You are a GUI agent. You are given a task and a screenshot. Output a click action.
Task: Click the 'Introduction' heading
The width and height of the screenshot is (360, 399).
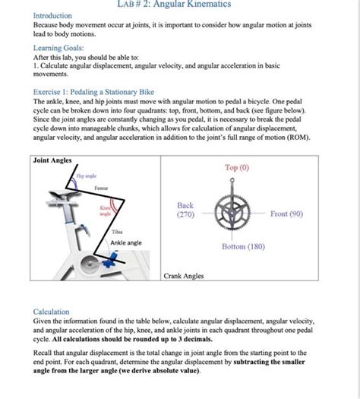(52, 15)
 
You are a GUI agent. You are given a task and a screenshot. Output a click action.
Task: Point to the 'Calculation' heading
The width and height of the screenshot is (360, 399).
(52, 312)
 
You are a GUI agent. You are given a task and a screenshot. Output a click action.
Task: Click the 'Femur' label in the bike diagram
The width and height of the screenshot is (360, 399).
(100, 187)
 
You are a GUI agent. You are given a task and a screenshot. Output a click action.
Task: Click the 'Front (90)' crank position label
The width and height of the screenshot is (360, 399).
(286, 214)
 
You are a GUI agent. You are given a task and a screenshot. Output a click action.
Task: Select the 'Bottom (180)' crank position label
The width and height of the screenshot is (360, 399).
(242, 247)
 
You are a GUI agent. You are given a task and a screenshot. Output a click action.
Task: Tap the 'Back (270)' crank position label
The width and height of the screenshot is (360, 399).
(185, 211)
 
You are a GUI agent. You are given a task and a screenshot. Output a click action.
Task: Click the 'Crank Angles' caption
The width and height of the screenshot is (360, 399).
(184, 276)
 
